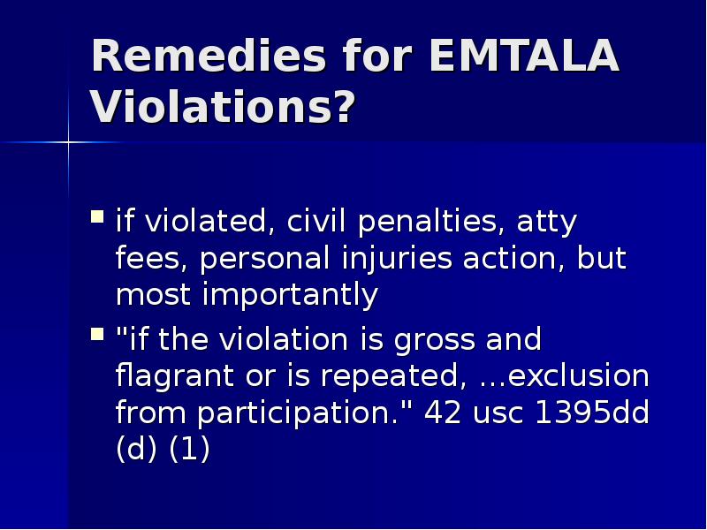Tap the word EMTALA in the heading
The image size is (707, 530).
pos(522,57)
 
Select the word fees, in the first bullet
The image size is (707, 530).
pos(151,259)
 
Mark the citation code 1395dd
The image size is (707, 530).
pos(592,413)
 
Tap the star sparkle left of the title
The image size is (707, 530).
pos(68,141)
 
